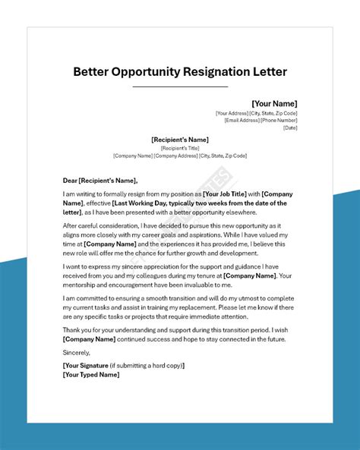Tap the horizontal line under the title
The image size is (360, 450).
click(180, 87)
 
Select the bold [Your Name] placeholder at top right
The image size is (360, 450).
click(274, 103)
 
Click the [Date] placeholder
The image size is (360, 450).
click(290, 127)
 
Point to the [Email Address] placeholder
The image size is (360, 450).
click(243, 120)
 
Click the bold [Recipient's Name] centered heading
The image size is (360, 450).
click(180, 140)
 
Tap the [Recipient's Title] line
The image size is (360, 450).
click(180, 148)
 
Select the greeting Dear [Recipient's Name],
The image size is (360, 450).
click(100, 181)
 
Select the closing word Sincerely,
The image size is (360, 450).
click(77, 352)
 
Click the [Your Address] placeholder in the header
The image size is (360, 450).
click(232, 113)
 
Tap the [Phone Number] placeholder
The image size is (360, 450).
click(280, 120)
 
